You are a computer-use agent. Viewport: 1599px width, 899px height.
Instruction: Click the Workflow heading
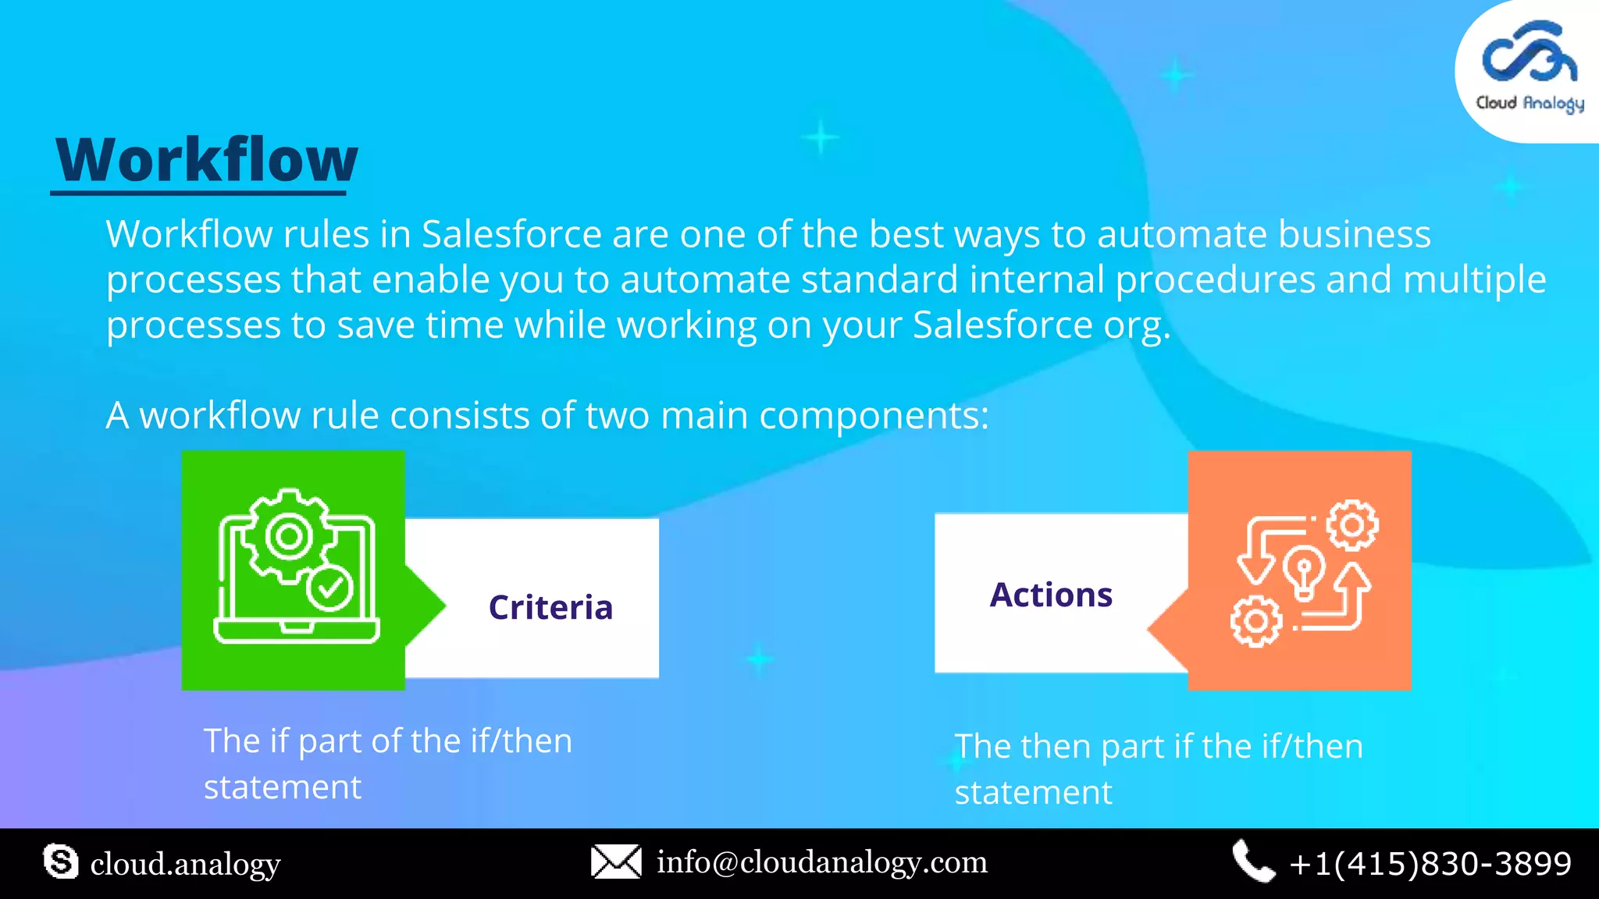(x=207, y=160)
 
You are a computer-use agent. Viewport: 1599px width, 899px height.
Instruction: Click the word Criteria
(x=550, y=607)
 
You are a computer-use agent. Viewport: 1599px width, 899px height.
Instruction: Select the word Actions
(x=1051, y=595)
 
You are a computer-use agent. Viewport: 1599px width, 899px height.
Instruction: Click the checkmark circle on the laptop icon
(x=329, y=587)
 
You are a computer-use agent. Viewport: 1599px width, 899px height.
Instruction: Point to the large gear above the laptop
(x=290, y=536)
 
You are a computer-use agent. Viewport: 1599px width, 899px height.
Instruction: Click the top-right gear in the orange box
(x=1352, y=525)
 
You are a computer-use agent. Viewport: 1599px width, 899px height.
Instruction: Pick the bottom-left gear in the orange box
(x=1256, y=621)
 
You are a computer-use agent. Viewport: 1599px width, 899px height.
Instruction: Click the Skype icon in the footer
(x=61, y=862)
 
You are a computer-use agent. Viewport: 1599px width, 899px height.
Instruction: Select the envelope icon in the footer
(x=616, y=862)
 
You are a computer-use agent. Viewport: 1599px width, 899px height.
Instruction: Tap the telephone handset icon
(x=1252, y=862)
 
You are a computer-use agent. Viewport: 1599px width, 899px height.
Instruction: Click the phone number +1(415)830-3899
(x=1430, y=863)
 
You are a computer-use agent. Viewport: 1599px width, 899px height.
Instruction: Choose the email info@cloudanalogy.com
(x=821, y=862)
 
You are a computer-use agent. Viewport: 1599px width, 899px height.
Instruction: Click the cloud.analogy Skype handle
(x=185, y=864)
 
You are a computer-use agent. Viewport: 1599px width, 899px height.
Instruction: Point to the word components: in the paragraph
(x=874, y=416)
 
